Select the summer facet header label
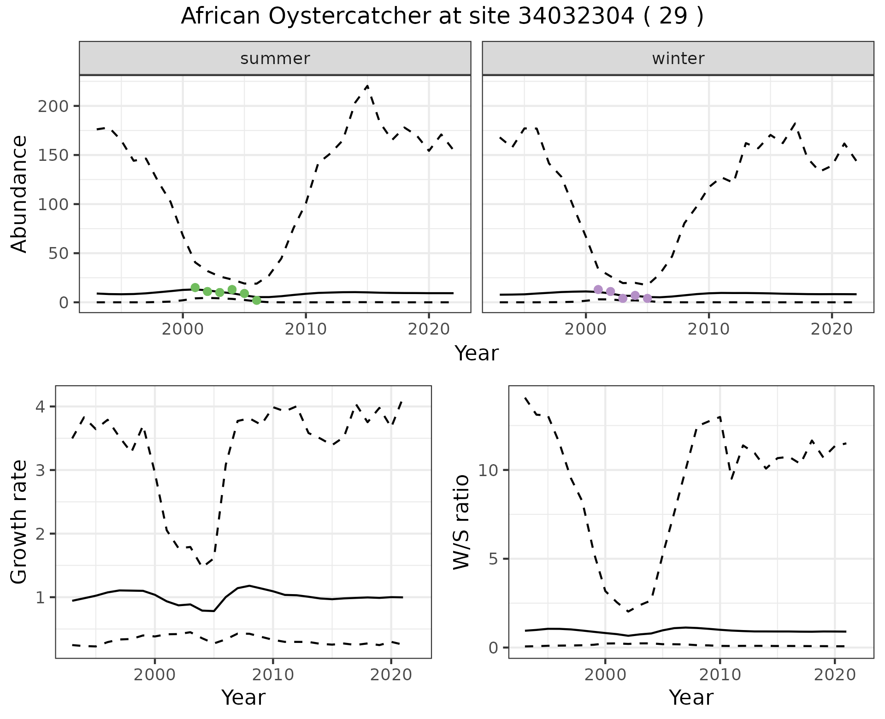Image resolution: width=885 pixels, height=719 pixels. point(275,59)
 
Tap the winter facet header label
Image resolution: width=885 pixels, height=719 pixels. point(678,59)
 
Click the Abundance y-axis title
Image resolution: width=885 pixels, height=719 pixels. point(19,194)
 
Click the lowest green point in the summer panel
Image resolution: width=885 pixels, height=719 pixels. point(257,301)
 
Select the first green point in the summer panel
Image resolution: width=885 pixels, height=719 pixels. point(195,288)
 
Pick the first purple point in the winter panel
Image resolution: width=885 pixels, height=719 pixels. point(598,289)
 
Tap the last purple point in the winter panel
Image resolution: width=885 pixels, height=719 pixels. point(647,298)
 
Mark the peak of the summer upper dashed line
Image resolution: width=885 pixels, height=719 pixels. point(367,86)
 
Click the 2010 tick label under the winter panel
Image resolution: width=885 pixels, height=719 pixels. point(708,329)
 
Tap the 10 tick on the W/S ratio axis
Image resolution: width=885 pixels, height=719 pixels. point(489,470)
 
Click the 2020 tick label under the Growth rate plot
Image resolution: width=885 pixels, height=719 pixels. point(391,675)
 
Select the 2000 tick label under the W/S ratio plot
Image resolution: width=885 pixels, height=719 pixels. point(605,675)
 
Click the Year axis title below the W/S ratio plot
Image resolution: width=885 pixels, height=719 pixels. point(691,697)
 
